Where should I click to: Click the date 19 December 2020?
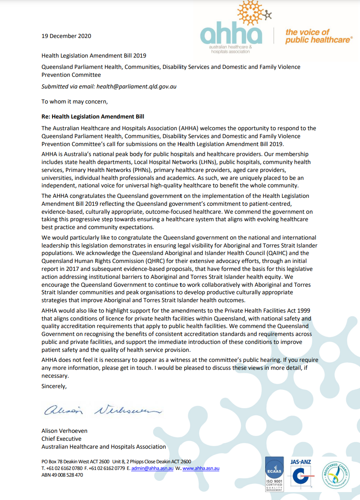tap(66, 36)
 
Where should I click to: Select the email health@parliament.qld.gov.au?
tap(142, 87)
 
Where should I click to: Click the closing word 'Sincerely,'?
tap(54, 386)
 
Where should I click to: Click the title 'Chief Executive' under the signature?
tap(61, 439)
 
